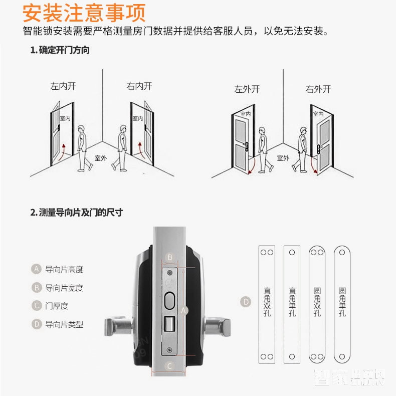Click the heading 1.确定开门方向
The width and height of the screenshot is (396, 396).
(60, 50)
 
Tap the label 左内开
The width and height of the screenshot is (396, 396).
(63, 86)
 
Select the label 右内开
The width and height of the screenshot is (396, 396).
(139, 86)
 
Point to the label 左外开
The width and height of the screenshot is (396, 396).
(247, 89)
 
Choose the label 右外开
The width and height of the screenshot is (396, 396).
(318, 89)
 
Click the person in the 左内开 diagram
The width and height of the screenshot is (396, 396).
(83, 148)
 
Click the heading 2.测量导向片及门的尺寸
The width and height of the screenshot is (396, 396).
(76, 213)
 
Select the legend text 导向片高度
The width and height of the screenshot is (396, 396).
(64, 269)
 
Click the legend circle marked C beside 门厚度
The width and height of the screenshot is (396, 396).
(36, 306)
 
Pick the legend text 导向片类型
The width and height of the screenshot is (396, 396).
(64, 324)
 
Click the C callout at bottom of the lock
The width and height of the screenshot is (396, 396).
(169, 366)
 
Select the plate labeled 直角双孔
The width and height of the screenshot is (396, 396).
(267, 305)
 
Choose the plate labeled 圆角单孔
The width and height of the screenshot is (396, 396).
(342, 305)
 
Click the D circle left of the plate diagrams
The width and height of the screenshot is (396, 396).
(246, 302)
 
